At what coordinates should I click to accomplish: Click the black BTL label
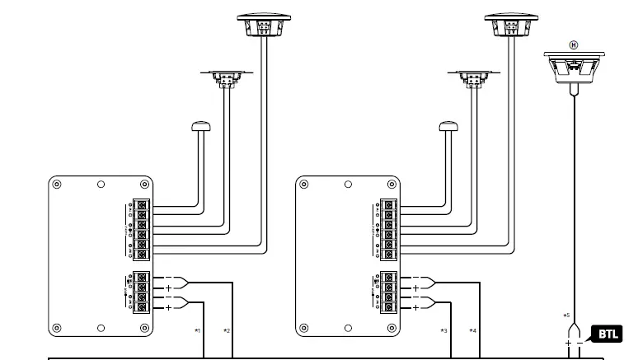pos(608,334)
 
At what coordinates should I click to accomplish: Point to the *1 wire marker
pos(197,330)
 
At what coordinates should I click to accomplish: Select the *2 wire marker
pos(226,330)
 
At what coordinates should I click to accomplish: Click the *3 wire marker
pos(443,330)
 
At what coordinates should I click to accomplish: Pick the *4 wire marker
pos(472,330)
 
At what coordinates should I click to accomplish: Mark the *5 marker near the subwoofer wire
pos(566,316)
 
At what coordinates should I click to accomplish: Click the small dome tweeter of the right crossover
pos(448,126)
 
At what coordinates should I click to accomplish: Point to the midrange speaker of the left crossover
pos(225,78)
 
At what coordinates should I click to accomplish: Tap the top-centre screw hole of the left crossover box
pos(101,184)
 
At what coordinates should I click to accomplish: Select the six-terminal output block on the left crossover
pos(142,228)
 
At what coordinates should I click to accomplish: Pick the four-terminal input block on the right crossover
pos(389,292)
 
